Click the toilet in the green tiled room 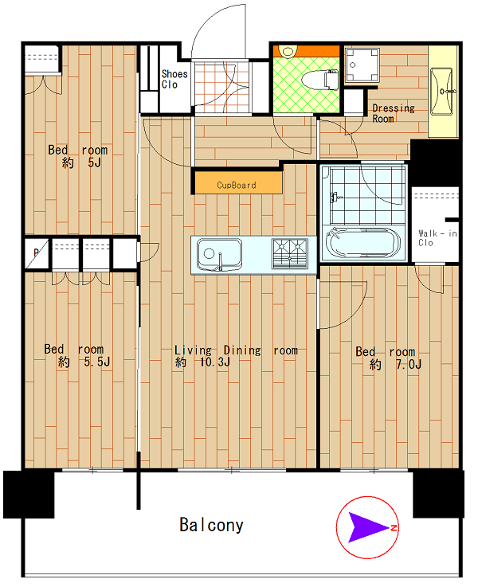[x=320, y=80]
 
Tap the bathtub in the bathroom [x=362, y=242]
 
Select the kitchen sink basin [x=219, y=254]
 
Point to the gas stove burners [x=290, y=253]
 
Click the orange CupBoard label [x=237, y=185]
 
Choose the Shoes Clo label [x=174, y=79]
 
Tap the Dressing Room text [x=394, y=113]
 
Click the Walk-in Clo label [x=437, y=238]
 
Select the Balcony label [x=211, y=525]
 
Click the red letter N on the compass [x=394, y=528]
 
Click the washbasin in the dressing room [x=442, y=92]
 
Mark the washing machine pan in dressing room [x=362, y=65]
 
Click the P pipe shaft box [x=37, y=254]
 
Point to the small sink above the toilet [x=288, y=50]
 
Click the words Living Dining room [x=236, y=350]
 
